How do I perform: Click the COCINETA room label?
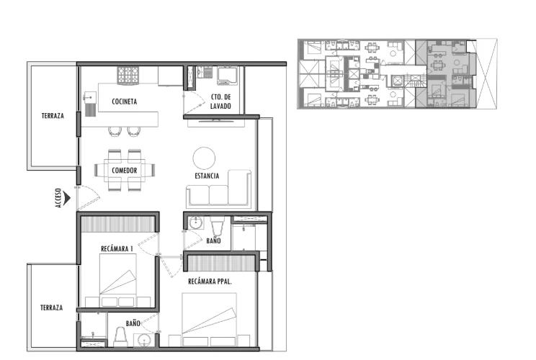tap(125, 102)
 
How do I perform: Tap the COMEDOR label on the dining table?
tap(125, 171)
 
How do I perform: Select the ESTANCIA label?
tap(207, 176)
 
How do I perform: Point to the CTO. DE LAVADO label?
tap(220, 102)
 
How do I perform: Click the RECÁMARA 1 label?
tap(117, 248)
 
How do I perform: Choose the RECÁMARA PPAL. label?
tap(210, 282)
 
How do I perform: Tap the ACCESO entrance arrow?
tap(67, 198)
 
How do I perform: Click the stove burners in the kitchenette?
tap(128, 75)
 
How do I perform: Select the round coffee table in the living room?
tap(204, 158)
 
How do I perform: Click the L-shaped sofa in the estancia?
tap(219, 189)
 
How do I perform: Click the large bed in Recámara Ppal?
tap(209, 320)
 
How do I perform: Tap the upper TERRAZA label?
tap(53, 116)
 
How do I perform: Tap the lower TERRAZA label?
tap(52, 307)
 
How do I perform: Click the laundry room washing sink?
tap(228, 76)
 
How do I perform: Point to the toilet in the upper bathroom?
tap(216, 225)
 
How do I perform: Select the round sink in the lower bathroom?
tap(144, 341)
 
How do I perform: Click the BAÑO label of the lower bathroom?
tap(133, 323)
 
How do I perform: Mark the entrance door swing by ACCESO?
tap(88, 198)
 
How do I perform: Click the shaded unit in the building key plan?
tap(445, 73)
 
